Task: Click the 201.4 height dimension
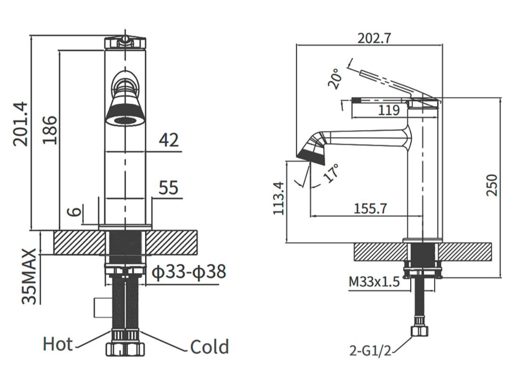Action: click(21, 123)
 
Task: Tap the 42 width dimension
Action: click(168, 139)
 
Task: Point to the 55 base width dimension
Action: click(168, 188)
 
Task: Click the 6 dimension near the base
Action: click(75, 212)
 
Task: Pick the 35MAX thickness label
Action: click(29, 276)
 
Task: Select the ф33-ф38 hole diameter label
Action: click(189, 272)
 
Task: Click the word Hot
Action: click(58, 344)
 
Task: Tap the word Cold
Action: click(209, 347)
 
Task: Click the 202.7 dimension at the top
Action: click(374, 38)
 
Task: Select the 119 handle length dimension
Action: click(388, 110)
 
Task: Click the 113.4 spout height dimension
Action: click(278, 198)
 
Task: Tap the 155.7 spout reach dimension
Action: click(370, 209)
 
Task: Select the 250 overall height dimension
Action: click(492, 185)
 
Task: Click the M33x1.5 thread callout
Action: click(374, 282)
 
